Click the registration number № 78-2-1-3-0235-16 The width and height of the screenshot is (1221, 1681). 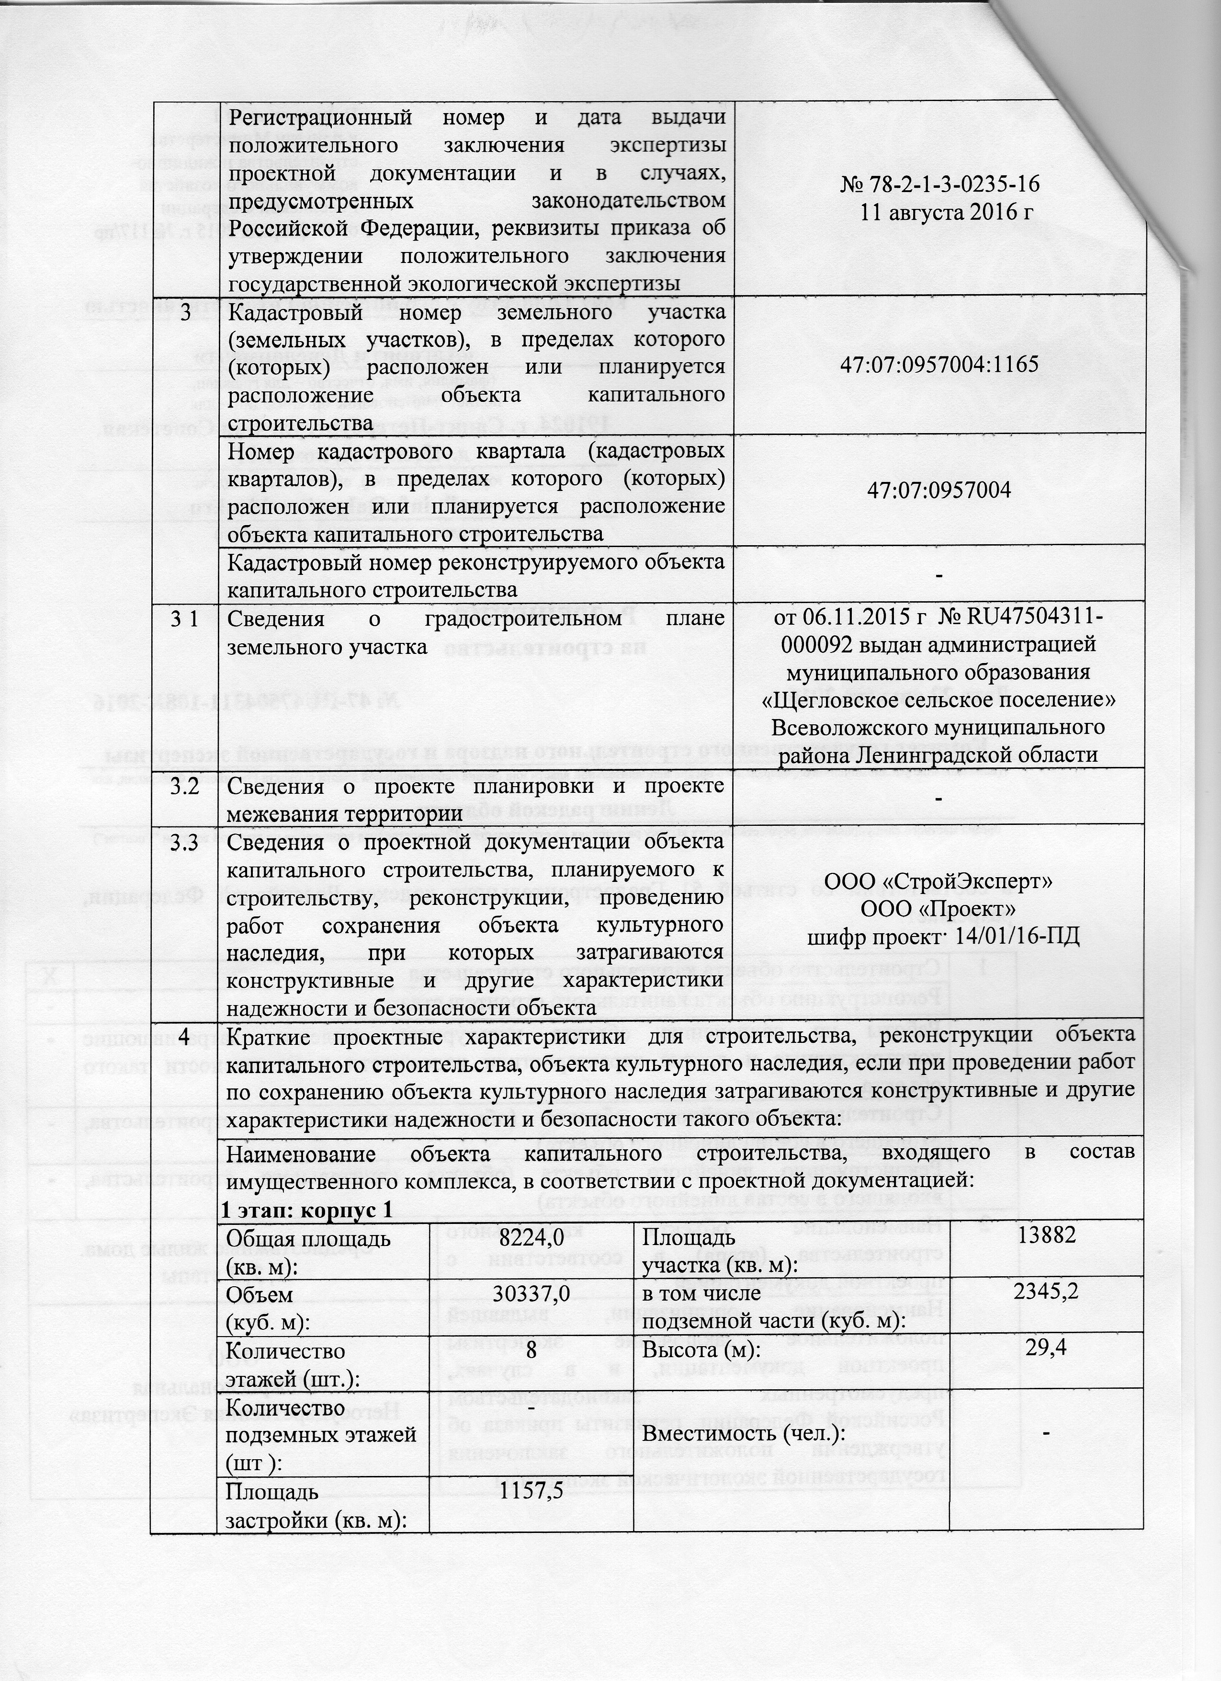point(939,185)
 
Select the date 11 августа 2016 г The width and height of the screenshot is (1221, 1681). point(939,211)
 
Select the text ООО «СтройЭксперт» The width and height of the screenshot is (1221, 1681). point(939,883)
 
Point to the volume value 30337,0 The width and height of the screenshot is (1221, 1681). point(528,1293)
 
